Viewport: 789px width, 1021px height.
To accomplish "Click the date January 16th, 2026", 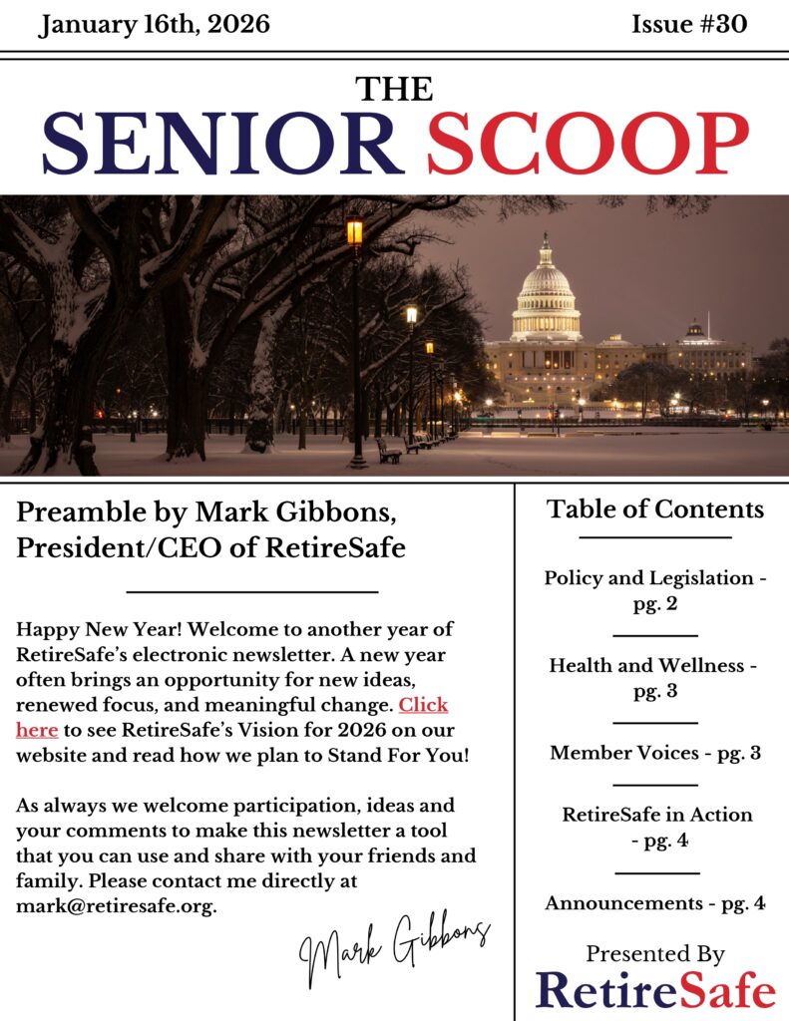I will pyautogui.click(x=155, y=24).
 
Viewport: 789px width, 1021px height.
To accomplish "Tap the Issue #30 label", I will pyautogui.click(x=689, y=24).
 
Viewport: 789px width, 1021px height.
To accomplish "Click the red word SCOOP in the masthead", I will pyautogui.click(x=588, y=142).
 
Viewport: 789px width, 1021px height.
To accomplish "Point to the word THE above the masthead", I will pyautogui.click(x=395, y=89).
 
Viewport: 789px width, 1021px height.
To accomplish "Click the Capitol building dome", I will pyautogui.click(x=546, y=289).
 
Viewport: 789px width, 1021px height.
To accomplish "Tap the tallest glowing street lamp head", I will pyautogui.click(x=354, y=232).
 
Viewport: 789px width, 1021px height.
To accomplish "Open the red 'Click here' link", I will pyautogui.click(x=423, y=706).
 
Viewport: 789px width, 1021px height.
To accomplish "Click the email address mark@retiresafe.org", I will pyautogui.click(x=116, y=906).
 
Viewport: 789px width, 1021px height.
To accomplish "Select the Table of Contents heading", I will pyautogui.click(x=655, y=510).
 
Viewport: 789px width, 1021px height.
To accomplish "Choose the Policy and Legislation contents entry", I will pyautogui.click(x=655, y=590).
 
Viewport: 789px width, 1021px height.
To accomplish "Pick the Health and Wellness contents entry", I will pyautogui.click(x=654, y=677).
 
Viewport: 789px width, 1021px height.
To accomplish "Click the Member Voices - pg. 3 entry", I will pyautogui.click(x=655, y=753).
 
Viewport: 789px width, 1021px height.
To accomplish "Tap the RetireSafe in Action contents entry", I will pyautogui.click(x=657, y=827).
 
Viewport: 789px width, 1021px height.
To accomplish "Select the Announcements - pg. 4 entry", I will pyautogui.click(x=655, y=903).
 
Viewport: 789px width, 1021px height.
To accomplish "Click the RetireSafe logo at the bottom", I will pyautogui.click(x=655, y=989).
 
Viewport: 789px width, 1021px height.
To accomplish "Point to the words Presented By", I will pyautogui.click(x=655, y=953).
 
